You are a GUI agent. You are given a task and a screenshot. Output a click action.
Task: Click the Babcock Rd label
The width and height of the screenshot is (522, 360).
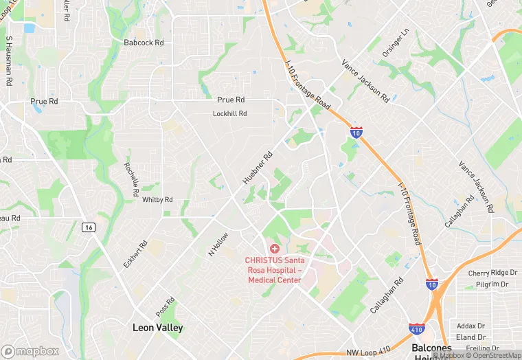click(x=144, y=43)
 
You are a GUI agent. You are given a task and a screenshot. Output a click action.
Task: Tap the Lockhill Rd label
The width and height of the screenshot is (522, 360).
click(x=229, y=113)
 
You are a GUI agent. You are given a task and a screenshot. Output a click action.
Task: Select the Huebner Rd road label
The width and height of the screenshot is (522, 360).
click(x=258, y=168)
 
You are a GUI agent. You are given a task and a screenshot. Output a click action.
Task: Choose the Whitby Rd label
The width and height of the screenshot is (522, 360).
click(x=157, y=200)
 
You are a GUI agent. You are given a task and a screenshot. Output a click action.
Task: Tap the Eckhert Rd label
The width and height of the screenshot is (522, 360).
click(x=143, y=254)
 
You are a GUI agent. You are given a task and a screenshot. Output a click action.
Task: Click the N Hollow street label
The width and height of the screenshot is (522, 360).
click(x=218, y=244)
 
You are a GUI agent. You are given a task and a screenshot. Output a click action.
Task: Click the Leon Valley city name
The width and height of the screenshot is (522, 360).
click(x=158, y=328)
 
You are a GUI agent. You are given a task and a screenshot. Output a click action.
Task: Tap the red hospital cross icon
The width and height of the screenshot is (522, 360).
click(x=275, y=248)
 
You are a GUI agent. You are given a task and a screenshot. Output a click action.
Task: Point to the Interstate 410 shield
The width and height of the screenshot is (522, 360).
click(x=416, y=330)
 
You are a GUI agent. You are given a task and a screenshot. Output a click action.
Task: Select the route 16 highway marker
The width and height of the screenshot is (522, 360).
click(x=87, y=227)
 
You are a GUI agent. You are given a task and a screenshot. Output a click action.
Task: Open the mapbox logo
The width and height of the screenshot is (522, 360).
click(x=30, y=351)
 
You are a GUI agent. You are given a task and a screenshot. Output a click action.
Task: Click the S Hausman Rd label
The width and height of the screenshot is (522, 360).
click(x=9, y=60)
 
